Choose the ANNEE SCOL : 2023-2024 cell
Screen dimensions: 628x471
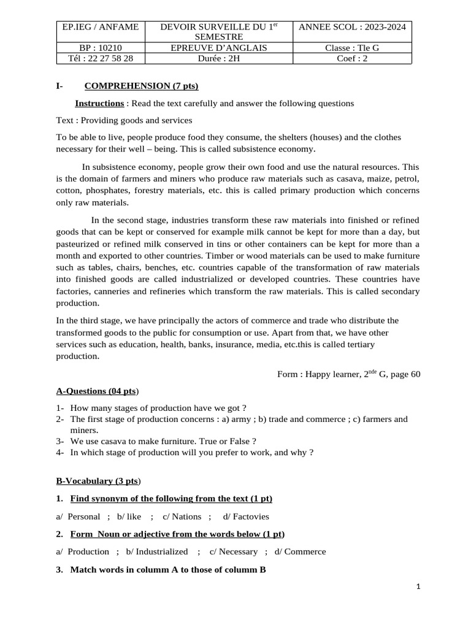352,26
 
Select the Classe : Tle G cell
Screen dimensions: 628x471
352,47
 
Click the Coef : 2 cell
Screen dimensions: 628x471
352,58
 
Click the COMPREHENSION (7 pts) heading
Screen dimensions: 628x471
141,86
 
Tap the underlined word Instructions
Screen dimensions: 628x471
99,103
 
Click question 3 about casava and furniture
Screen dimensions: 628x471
163,441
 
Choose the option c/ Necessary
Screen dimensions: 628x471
234,551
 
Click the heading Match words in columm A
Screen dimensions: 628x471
168,570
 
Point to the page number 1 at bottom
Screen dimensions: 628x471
418,587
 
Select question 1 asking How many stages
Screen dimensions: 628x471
158,408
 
